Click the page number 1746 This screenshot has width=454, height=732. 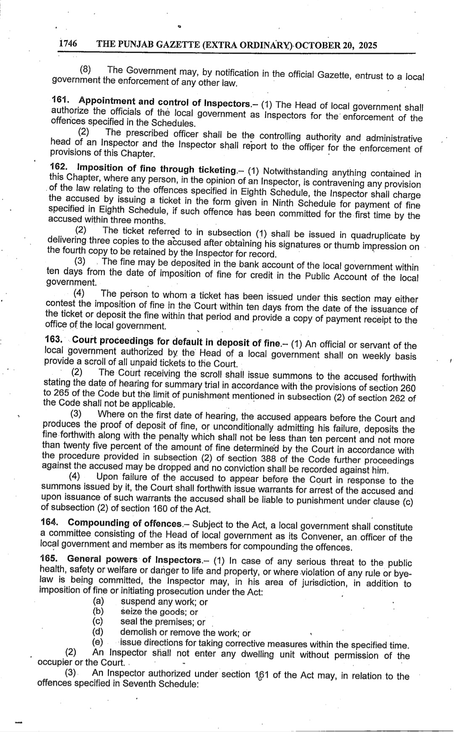68,43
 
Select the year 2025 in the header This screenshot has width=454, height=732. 365,45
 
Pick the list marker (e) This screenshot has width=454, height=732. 98,642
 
